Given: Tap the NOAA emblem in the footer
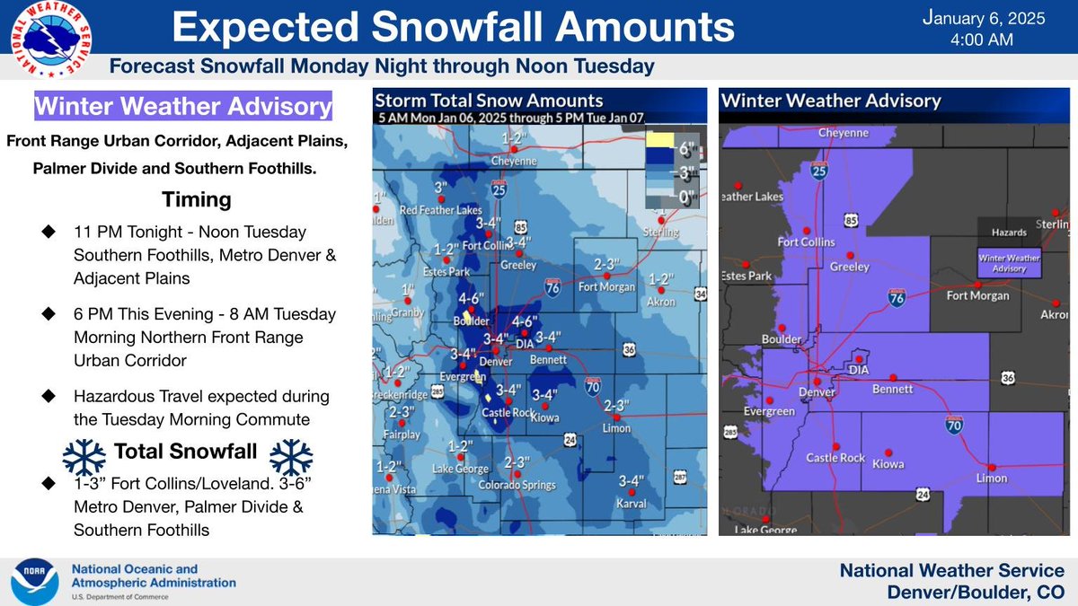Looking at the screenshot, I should coord(34,582).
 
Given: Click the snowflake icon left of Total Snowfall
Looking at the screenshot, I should coord(84,457).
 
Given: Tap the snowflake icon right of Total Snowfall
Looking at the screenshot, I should coord(291,457).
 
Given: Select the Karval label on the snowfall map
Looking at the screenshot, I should coord(632,504).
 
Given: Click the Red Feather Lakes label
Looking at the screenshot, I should coord(434,211).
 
